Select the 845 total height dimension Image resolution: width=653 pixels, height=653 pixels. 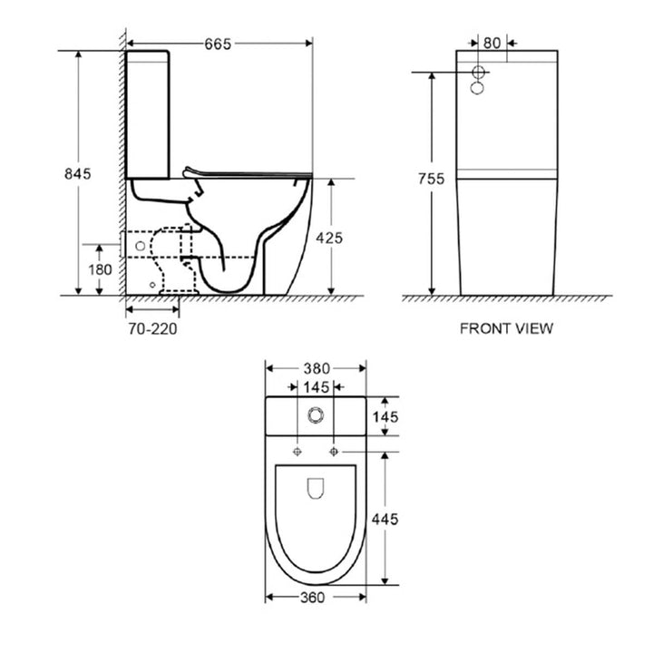[77, 174]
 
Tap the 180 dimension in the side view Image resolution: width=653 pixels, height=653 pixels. [100, 269]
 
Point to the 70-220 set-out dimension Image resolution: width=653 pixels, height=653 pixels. [151, 328]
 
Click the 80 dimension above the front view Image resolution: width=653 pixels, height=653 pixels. [492, 42]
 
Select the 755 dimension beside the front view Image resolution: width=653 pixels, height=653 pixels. [432, 179]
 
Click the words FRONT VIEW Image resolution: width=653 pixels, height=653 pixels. [506, 328]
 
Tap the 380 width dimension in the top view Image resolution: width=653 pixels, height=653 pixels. [315, 368]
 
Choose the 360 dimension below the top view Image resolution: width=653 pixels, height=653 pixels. [315, 598]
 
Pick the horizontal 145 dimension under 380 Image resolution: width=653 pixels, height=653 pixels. [316, 388]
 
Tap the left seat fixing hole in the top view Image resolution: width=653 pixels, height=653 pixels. [297, 451]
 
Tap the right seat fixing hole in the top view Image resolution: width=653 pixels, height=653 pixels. [334, 451]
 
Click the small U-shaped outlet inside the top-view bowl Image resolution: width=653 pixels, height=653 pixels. [316, 489]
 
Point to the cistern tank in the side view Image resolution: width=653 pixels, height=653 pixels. [147, 113]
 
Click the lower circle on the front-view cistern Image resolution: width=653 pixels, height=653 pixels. [479, 89]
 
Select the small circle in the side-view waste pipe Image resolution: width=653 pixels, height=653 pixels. [140, 246]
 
